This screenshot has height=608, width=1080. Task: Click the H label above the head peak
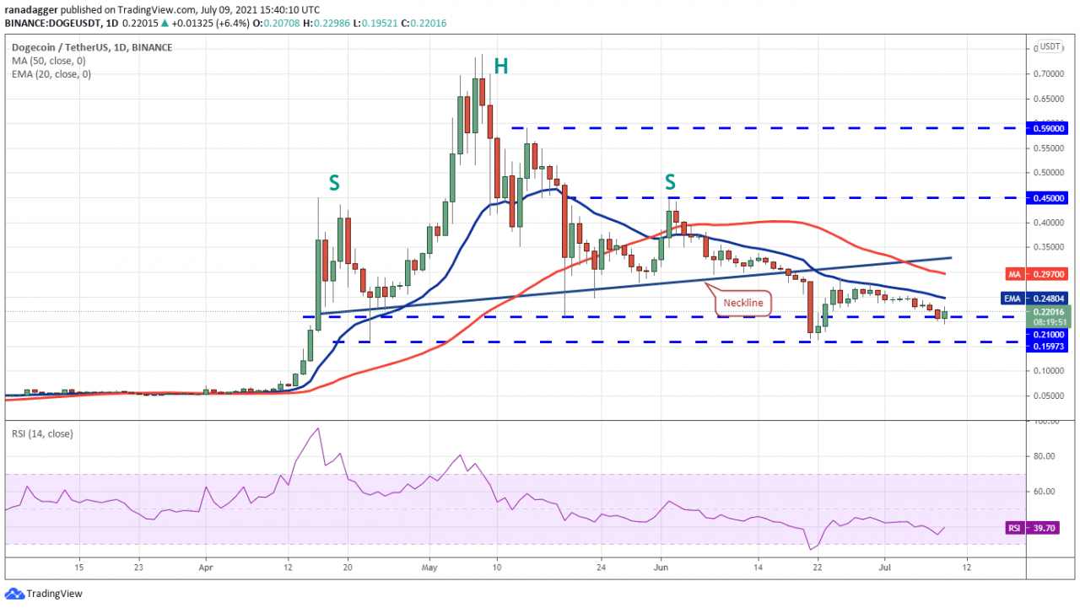click(x=500, y=67)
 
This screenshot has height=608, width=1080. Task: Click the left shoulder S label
click(x=333, y=182)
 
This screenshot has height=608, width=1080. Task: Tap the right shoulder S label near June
click(x=670, y=182)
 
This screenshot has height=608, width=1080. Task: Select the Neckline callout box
click(x=743, y=302)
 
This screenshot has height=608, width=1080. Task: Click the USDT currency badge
click(x=1050, y=46)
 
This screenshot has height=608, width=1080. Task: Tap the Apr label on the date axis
click(x=206, y=567)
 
